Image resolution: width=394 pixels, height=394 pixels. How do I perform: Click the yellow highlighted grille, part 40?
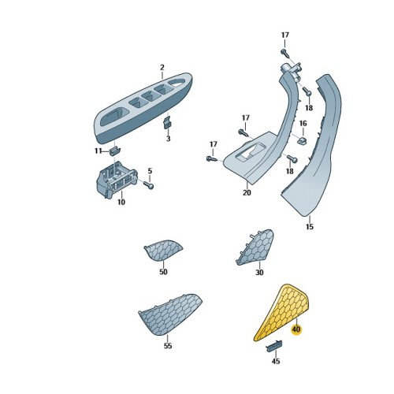(x=282, y=313)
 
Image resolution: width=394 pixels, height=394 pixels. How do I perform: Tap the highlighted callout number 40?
(x=296, y=329)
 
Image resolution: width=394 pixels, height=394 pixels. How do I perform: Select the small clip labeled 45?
(x=275, y=346)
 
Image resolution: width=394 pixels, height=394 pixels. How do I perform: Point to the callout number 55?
(x=168, y=345)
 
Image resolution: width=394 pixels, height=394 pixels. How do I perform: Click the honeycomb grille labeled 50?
(x=163, y=251)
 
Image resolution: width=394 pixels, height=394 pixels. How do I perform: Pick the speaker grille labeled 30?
(x=255, y=247)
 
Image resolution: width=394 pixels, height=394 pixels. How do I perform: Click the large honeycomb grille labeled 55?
(x=171, y=314)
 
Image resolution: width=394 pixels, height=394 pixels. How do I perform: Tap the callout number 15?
(x=310, y=226)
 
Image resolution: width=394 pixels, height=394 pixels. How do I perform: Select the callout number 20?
(x=247, y=192)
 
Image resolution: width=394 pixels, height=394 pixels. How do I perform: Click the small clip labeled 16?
(x=301, y=140)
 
